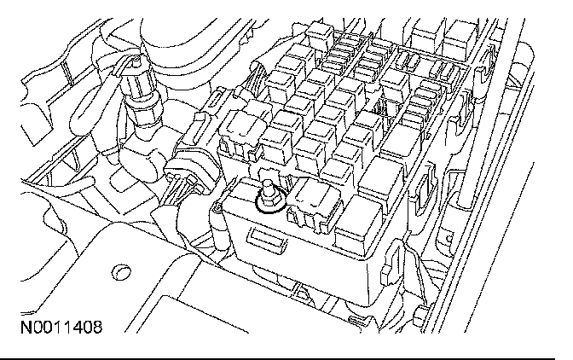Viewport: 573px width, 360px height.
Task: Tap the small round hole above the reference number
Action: tap(121, 274)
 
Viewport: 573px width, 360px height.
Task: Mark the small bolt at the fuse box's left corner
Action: tap(218, 208)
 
